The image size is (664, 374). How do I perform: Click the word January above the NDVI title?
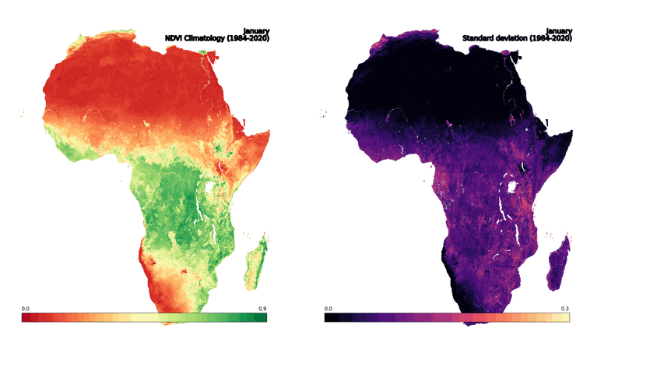click(257, 31)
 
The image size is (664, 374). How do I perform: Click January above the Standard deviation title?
click(559, 31)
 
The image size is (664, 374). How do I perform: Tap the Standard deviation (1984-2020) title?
click(518, 38)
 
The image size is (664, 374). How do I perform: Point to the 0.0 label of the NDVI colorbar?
click(25, 309)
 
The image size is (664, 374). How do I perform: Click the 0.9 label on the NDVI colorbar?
click(262, 309)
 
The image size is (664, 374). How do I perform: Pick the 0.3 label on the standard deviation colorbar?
click(565, 309)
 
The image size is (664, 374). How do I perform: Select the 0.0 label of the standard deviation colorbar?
click(328, 309)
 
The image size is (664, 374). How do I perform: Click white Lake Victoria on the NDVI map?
click(209, 187)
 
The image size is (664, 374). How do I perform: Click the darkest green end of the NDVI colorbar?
click(263, 318)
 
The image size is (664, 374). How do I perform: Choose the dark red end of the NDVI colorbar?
click(25, 318)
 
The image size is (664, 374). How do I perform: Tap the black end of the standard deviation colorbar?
click(328, 318)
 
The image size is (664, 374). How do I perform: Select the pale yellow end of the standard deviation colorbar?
click(566, 318)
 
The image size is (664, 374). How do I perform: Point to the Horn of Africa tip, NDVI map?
click(269, 132)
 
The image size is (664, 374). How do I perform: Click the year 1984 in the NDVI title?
click(237, 38)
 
